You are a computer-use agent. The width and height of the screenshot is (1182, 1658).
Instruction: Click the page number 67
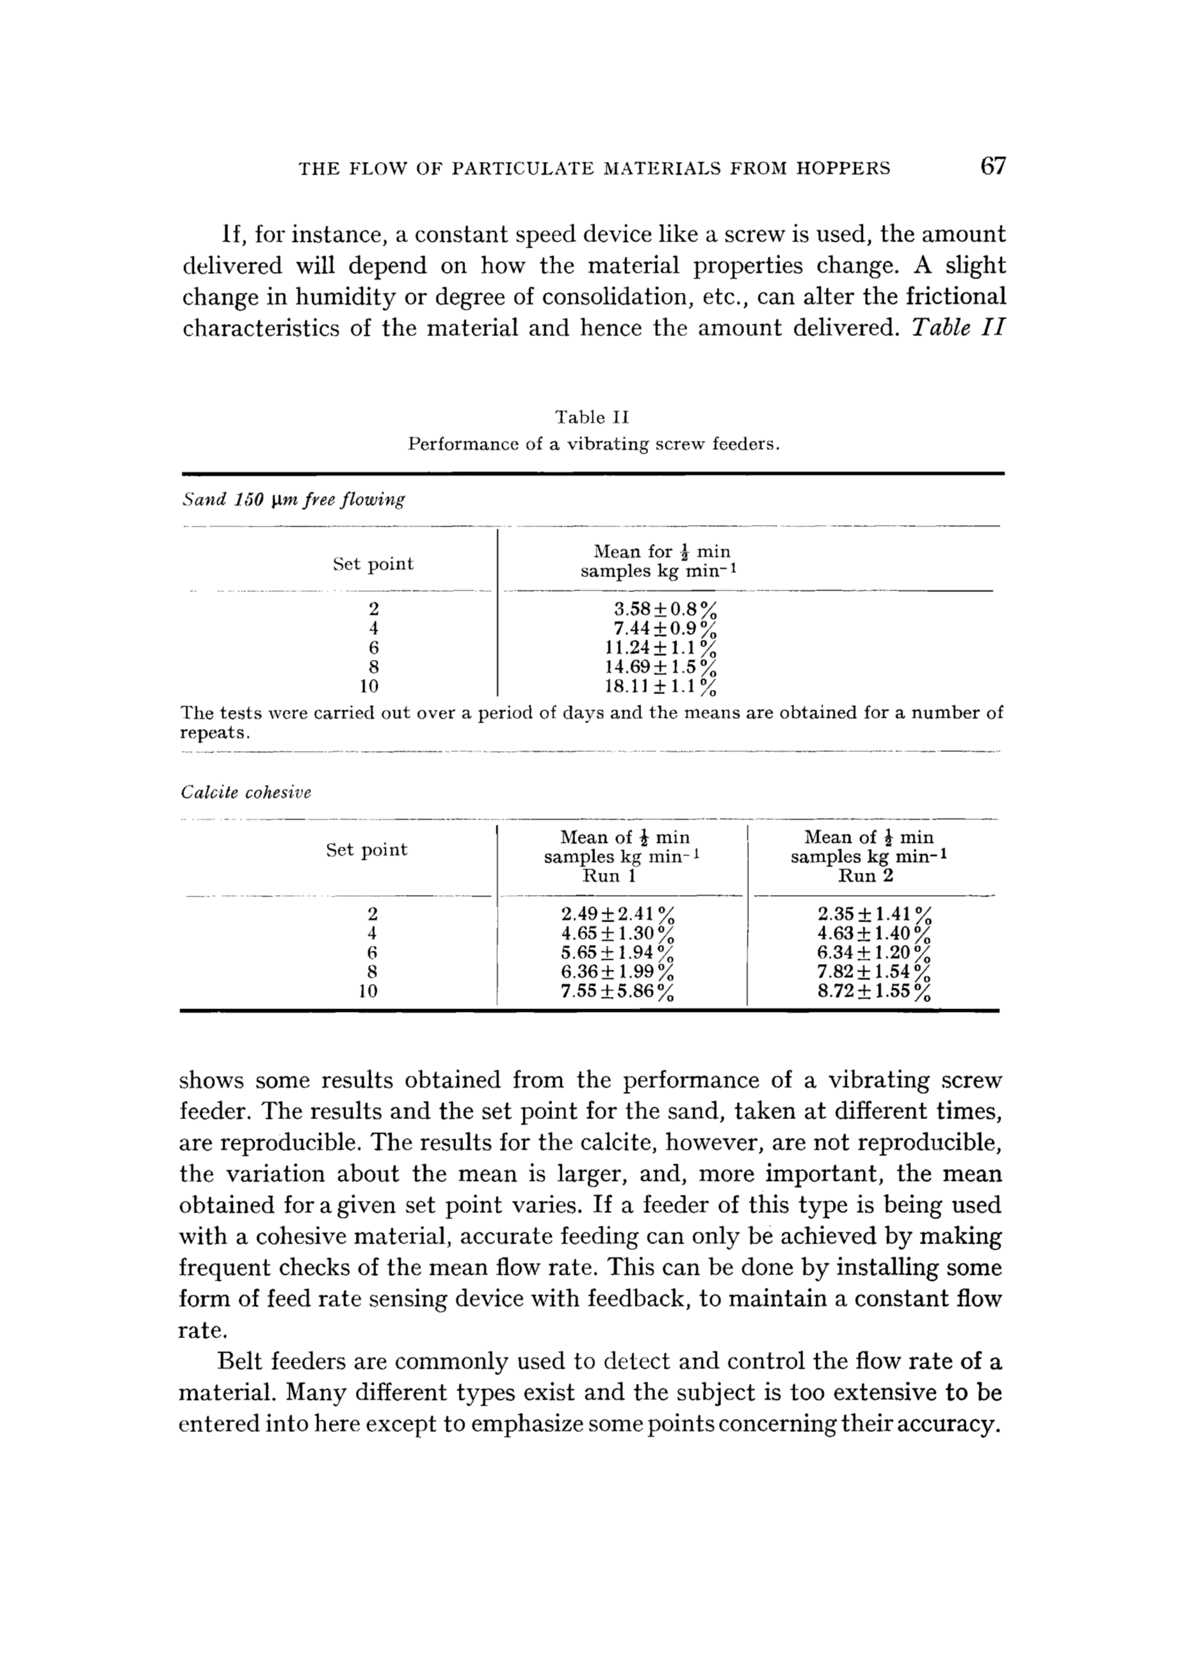click(993, 167)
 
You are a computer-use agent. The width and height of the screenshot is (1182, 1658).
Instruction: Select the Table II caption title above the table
click(592, 418)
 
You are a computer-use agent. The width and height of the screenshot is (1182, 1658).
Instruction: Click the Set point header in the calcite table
click(367, 850)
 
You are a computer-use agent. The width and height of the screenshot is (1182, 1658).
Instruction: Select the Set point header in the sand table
click(373, 564)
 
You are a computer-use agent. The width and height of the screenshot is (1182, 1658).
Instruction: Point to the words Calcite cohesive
click(246, 793)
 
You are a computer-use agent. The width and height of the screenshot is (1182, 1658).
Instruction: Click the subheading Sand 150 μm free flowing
click(293, 500)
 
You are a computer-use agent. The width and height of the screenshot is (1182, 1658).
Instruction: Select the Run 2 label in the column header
click(866, 876)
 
